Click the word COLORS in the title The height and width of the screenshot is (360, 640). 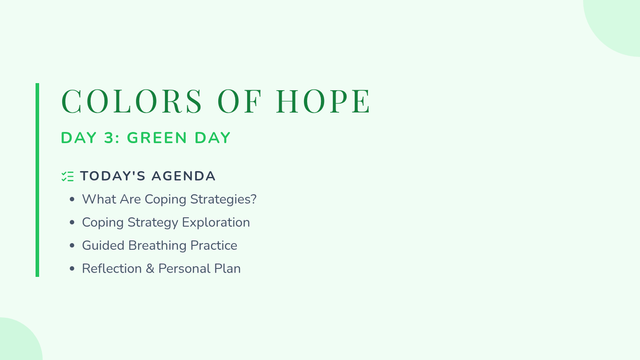pos(132,101)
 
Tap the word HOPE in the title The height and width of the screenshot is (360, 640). pos(323,101)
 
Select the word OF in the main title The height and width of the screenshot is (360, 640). pos(239,101)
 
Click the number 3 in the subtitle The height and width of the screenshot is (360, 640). pos(109,138)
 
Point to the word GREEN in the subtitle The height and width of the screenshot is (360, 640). pos(157,138)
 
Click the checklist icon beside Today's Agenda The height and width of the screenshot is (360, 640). pos(68,177)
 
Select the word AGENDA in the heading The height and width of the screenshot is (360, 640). pos(183,176)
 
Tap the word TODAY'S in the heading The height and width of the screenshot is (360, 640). pos(113,176)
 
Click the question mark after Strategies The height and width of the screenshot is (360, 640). pos(253,199)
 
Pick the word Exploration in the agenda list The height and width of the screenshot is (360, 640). pos(215,222)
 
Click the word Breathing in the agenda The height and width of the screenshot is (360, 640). pos(157,245)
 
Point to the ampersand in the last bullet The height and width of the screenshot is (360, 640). pos(150,269)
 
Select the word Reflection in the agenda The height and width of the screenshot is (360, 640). pos(111,269)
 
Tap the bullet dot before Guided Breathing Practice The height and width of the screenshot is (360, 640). pos(72,245)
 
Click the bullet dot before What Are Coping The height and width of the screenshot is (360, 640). pos(72,199)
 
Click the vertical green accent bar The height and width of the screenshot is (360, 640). pos(37,180)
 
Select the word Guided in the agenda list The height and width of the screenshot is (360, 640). pos(103,245)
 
